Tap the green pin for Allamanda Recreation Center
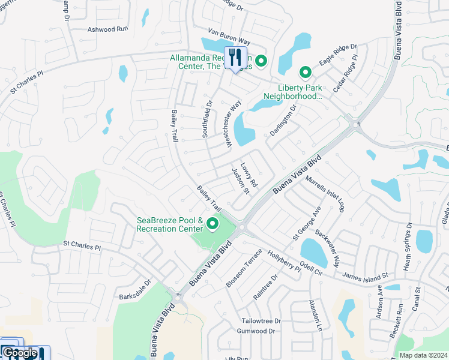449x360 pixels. [261, 61]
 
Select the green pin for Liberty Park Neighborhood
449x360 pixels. [305, 73]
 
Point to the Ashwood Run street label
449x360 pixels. [108, 29]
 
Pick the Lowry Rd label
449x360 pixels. [249, 175]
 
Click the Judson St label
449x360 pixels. [241, 181]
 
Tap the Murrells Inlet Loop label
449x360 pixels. [325, 191]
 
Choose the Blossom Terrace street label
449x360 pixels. [244, 267]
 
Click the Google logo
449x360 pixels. [20, 353]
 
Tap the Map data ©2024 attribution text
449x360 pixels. [420, 355]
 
